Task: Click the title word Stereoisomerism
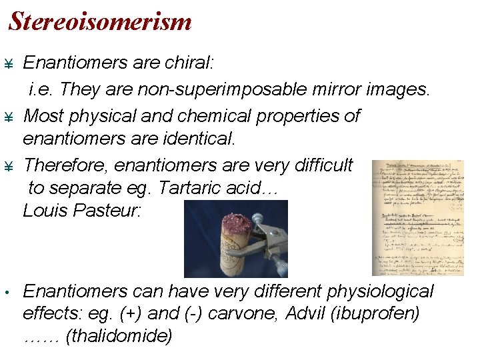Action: (x=100, y=22)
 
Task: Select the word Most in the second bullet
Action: (x=43, y=115)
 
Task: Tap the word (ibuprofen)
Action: (x=383, y=313)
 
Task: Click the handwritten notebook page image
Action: (x=417, y=217)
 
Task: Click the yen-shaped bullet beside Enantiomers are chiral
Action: (x=9, y=64)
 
